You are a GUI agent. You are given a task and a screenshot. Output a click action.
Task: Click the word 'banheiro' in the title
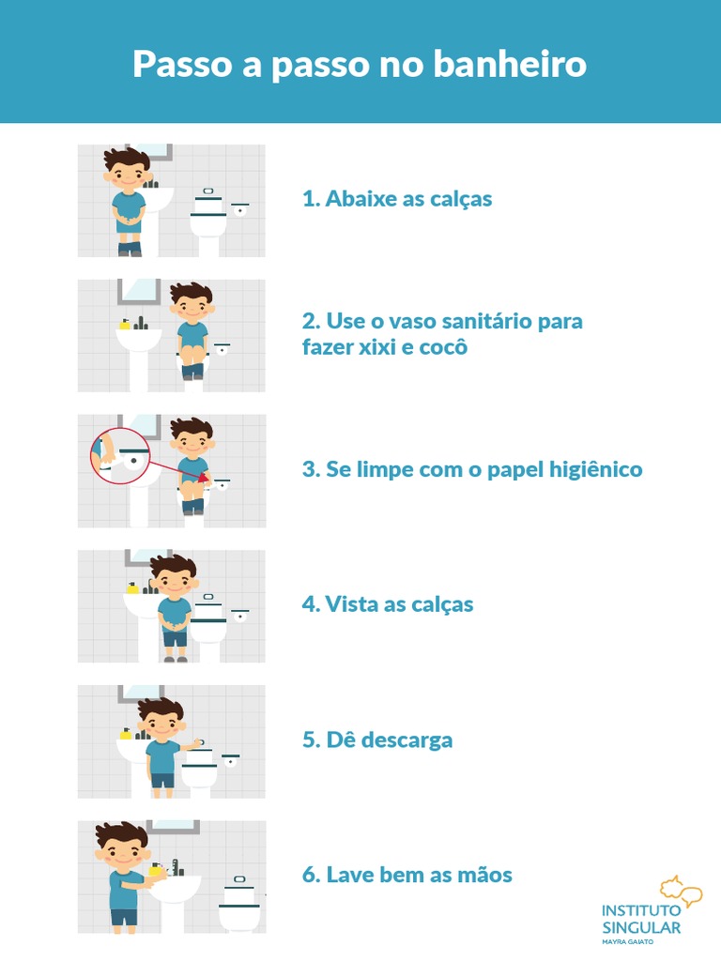[x=510, y=63]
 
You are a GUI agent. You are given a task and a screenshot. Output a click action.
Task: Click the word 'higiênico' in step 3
[x=595, y=469]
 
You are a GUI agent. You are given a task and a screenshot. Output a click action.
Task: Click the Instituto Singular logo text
[x=641, y=919]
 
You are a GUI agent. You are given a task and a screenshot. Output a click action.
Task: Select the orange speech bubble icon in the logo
[x=681, y=892]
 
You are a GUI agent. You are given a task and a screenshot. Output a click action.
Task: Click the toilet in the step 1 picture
[x=208, y=221]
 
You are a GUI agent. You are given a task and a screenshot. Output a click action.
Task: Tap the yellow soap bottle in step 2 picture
[x=125, y=324]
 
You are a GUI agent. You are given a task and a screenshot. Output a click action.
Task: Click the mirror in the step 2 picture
[x=139, y=292]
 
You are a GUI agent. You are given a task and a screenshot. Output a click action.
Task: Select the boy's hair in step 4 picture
[x=174, y=566]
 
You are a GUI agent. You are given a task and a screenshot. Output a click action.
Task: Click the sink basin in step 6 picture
[x=175, y=889]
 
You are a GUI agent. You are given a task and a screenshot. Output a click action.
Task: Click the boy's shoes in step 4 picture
[x=176, y=659]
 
